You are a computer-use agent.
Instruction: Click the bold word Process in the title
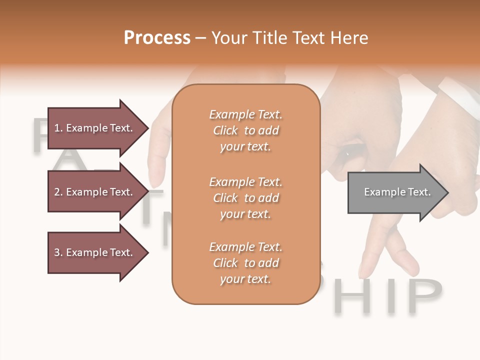coord(157,38)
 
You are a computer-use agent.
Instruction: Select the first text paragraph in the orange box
coord(245,130)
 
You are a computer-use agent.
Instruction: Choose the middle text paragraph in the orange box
coord(245,198)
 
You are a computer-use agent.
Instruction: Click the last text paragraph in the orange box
coord(245,263)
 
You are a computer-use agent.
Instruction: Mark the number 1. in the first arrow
coord(58,128)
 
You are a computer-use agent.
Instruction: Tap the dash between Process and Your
coord(200,38)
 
